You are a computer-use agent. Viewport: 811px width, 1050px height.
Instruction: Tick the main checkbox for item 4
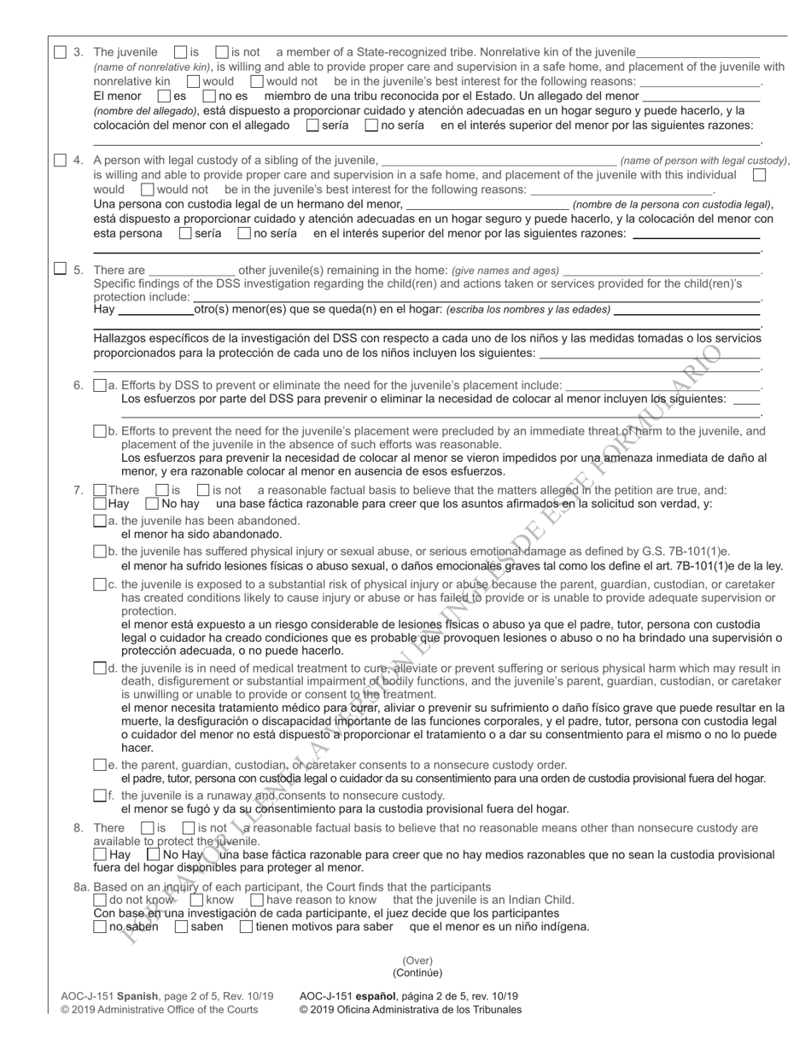click(x=60, y=160)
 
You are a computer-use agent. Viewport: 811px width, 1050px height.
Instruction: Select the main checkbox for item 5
click(x=60, y=268)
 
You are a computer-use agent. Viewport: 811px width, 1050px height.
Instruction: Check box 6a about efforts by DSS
click(x=100, y=385)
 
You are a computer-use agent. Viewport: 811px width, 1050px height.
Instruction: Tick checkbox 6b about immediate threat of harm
click(x=100, y=431)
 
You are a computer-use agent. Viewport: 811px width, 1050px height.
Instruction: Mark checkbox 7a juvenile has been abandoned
click(x=100, y=520)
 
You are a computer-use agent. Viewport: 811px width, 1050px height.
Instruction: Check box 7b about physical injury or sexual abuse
click(x=100, y=551)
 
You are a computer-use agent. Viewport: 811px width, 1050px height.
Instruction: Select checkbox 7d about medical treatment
click(x=100, y=668)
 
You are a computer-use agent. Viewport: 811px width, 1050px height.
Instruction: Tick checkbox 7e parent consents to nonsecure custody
click(x=100, y=765)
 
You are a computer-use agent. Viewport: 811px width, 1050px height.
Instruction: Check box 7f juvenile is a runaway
click(x=100, y=796)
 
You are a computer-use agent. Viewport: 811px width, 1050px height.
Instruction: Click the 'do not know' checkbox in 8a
click(x=100, y=900)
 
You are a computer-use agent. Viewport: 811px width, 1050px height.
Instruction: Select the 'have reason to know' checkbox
click(x=257, y=900)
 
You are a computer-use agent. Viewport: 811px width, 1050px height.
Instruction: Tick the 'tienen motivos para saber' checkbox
click(x=246, y=926)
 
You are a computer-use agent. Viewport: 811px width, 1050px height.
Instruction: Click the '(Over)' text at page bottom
click(x=417, y=960)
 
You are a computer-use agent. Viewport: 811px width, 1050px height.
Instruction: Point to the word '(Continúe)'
click(x=417, y=972)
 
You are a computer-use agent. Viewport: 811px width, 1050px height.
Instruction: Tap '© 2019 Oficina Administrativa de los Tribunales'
click(x=410, y=1010)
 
